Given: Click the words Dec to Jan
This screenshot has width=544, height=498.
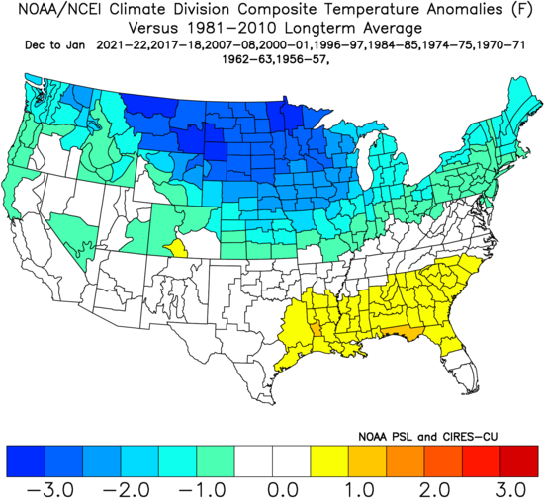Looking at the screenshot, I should (x=47, y=45).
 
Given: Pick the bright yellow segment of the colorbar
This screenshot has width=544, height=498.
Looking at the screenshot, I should (x=328, y=457).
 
